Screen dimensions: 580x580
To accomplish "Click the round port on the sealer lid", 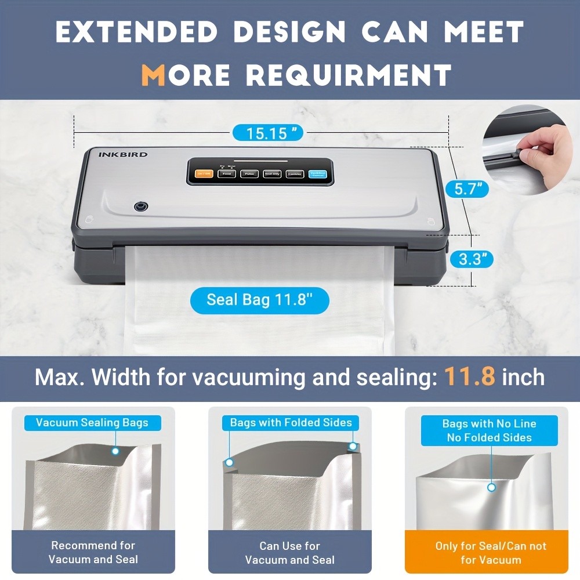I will click(140, 206).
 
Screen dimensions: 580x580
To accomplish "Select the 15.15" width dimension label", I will click(267, 133).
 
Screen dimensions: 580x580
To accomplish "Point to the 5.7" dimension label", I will click(467, 188).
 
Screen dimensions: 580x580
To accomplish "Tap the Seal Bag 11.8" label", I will click(260, 300).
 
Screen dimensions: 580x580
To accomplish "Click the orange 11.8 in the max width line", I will click(470, 377).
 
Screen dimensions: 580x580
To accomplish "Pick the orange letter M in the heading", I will click(153, 74).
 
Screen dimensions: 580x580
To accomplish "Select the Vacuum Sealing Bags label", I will click(92, 423).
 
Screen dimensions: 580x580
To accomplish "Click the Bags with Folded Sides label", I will click(291, 423).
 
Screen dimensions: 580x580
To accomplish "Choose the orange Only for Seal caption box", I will click(491, 553).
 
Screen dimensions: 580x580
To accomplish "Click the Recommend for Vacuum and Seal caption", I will click(93, 553).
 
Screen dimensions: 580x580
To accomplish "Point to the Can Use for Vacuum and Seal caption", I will click(289, 553).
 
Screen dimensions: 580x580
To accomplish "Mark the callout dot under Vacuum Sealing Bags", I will click(115, 451).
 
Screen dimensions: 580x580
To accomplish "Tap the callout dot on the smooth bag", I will click(491, 487).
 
